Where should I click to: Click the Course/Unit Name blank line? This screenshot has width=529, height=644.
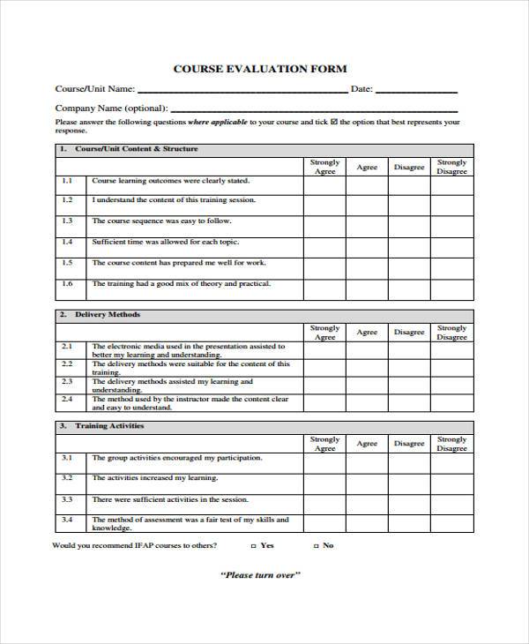(x=242, y=91)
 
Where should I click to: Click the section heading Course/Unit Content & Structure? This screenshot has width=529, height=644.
(x=136, y=149)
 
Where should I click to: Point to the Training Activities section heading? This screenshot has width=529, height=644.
(x=109, y=426)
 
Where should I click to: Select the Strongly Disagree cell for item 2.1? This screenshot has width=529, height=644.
(x=451, y=350)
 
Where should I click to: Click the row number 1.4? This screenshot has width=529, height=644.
(x=67, y=242)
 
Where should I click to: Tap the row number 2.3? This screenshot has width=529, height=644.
(x=67, y=382)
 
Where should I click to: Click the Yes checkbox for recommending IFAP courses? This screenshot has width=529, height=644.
(x=254, y=546)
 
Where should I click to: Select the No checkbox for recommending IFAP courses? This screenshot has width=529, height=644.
(x=315, y=546)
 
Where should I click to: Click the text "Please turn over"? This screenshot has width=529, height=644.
(x=260, y=575)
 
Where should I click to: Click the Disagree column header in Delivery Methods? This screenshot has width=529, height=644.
(x=409, y=333)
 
